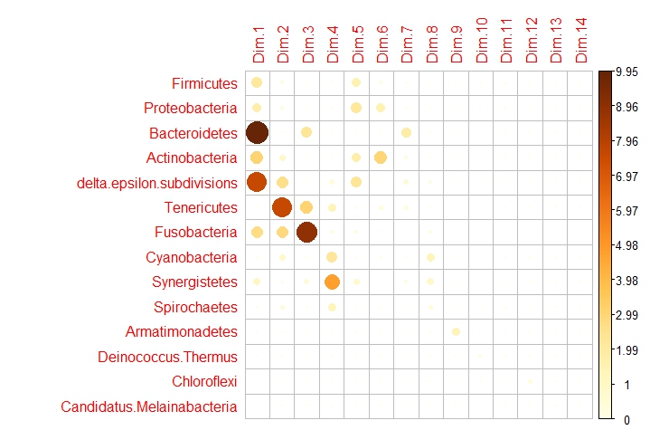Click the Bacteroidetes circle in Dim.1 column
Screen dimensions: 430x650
pyautogui.click(x=257, y=132)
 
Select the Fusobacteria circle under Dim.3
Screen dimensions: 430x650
pyautogui.click(x=306, y=232)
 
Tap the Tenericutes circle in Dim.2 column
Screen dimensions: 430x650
pyautogui.click(x=281, y=207)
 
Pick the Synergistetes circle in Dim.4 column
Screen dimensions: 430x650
pyautogui.click(x=331, y=282)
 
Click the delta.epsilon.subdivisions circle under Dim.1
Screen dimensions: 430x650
pyautogui.click(x=257, y=182)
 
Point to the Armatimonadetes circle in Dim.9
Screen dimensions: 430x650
pyautogui.click(x=456, y=331)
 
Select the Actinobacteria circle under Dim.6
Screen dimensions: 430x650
pyautogui.click(x=381, y=158)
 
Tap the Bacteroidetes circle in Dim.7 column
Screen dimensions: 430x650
pyautogui.click(x=406, y=132)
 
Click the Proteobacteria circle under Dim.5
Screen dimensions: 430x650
pyautogui.click(x=356, y=108)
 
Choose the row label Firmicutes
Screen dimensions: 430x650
pyautogui.click(x=204, y=84)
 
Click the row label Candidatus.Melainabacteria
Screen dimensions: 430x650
pyautogui.click(x=149, y=406)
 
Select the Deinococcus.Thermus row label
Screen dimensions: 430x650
pyautogui.click(x=167, y=357)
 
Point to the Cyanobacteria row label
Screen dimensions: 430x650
pyautogui.click(x=191, y=257)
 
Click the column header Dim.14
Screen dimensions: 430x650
pyautogui.click(x=580, y=41)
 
